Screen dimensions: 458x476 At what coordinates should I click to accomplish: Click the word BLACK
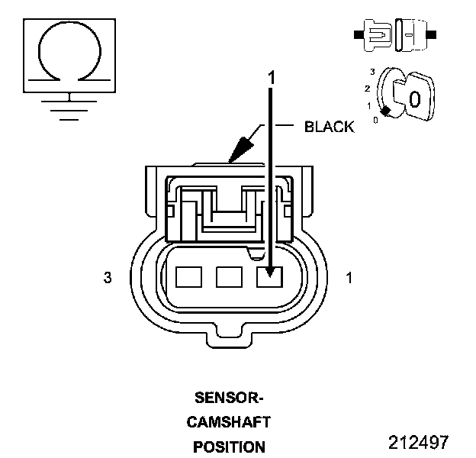330,127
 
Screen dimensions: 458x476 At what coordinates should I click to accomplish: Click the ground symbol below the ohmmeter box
69,107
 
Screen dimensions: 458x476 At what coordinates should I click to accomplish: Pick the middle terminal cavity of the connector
229,276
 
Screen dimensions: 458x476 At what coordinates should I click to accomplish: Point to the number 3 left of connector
108,279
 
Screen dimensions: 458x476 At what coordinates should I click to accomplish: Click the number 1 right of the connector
349,279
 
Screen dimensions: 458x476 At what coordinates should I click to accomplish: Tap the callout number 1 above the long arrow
269,77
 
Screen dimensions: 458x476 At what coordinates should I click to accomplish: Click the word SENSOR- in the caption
228,398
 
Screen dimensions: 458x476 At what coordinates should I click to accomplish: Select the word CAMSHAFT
229,421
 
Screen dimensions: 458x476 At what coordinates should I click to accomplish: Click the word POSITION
229,447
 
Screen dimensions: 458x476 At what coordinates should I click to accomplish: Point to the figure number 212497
418,443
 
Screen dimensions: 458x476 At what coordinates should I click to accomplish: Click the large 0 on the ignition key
414,98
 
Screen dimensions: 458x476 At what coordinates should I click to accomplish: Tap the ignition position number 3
371,71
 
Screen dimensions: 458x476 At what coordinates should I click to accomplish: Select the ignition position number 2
369,88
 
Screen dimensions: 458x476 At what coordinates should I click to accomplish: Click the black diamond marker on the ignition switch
386,112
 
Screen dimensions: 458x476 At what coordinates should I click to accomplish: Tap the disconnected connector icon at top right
394,34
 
